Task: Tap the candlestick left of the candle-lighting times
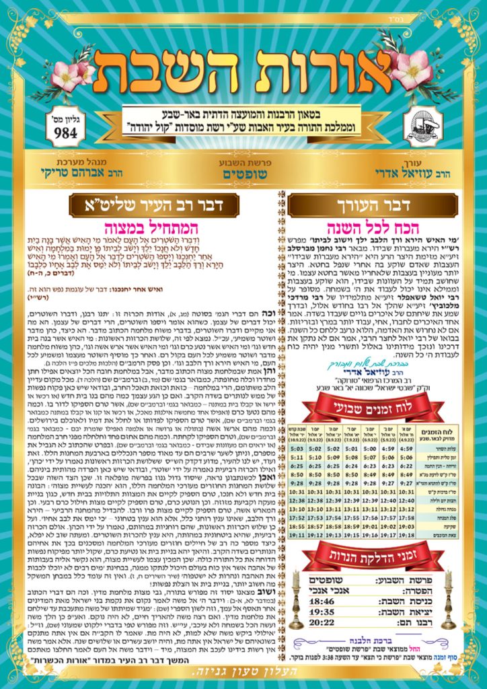coord(295,599)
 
